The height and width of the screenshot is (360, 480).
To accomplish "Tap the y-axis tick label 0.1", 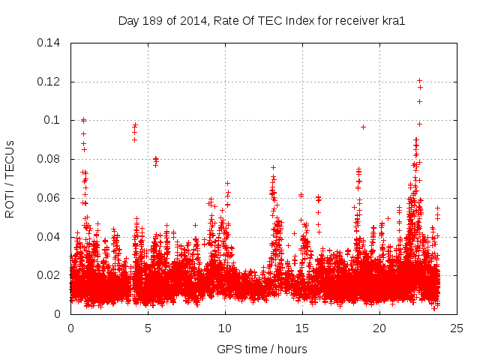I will point(54,120).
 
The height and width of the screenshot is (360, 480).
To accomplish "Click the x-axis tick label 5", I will point(148,328).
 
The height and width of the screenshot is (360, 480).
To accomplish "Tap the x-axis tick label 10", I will point(225,328).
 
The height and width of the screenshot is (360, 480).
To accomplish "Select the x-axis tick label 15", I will point(302,328).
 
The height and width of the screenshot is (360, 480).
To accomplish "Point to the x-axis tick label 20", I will point(379,328).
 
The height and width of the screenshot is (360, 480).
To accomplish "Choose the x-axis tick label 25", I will point(457,328).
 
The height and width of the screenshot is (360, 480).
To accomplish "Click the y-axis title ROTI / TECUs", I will point(10,178).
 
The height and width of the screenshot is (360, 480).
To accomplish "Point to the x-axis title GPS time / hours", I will point(262,349).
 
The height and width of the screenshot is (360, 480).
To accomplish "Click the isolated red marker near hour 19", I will point(363,127).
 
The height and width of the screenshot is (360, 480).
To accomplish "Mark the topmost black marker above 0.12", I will point(419,80).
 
